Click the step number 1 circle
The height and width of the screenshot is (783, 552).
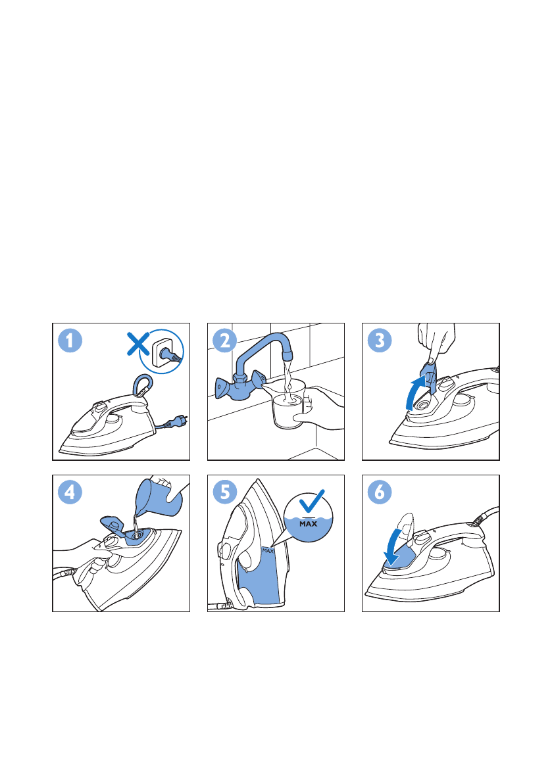pyautogui.click(x=70, y=341)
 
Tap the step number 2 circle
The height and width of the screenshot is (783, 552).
pyautogui.click(x=225, y=341)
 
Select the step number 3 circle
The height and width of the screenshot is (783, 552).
pyautogui.click(x=380, y=341)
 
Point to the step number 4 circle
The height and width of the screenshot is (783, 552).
pyautogui.click(x=70, y=492)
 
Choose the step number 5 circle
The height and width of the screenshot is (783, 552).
pyautogui.click(x=225, y=492)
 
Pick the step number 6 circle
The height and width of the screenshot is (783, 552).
pyautogui.click(x=380, y=492)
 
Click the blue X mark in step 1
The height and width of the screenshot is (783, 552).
pyautogui.click(x=138, y=344)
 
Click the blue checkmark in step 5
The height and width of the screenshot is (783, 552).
pyautogui.click(x=311, y=501)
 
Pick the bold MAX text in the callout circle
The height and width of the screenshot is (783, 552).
pyautogui.click(x=308, y=524)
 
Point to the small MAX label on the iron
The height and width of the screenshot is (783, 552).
pyautogui.click(x=268, y=551)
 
